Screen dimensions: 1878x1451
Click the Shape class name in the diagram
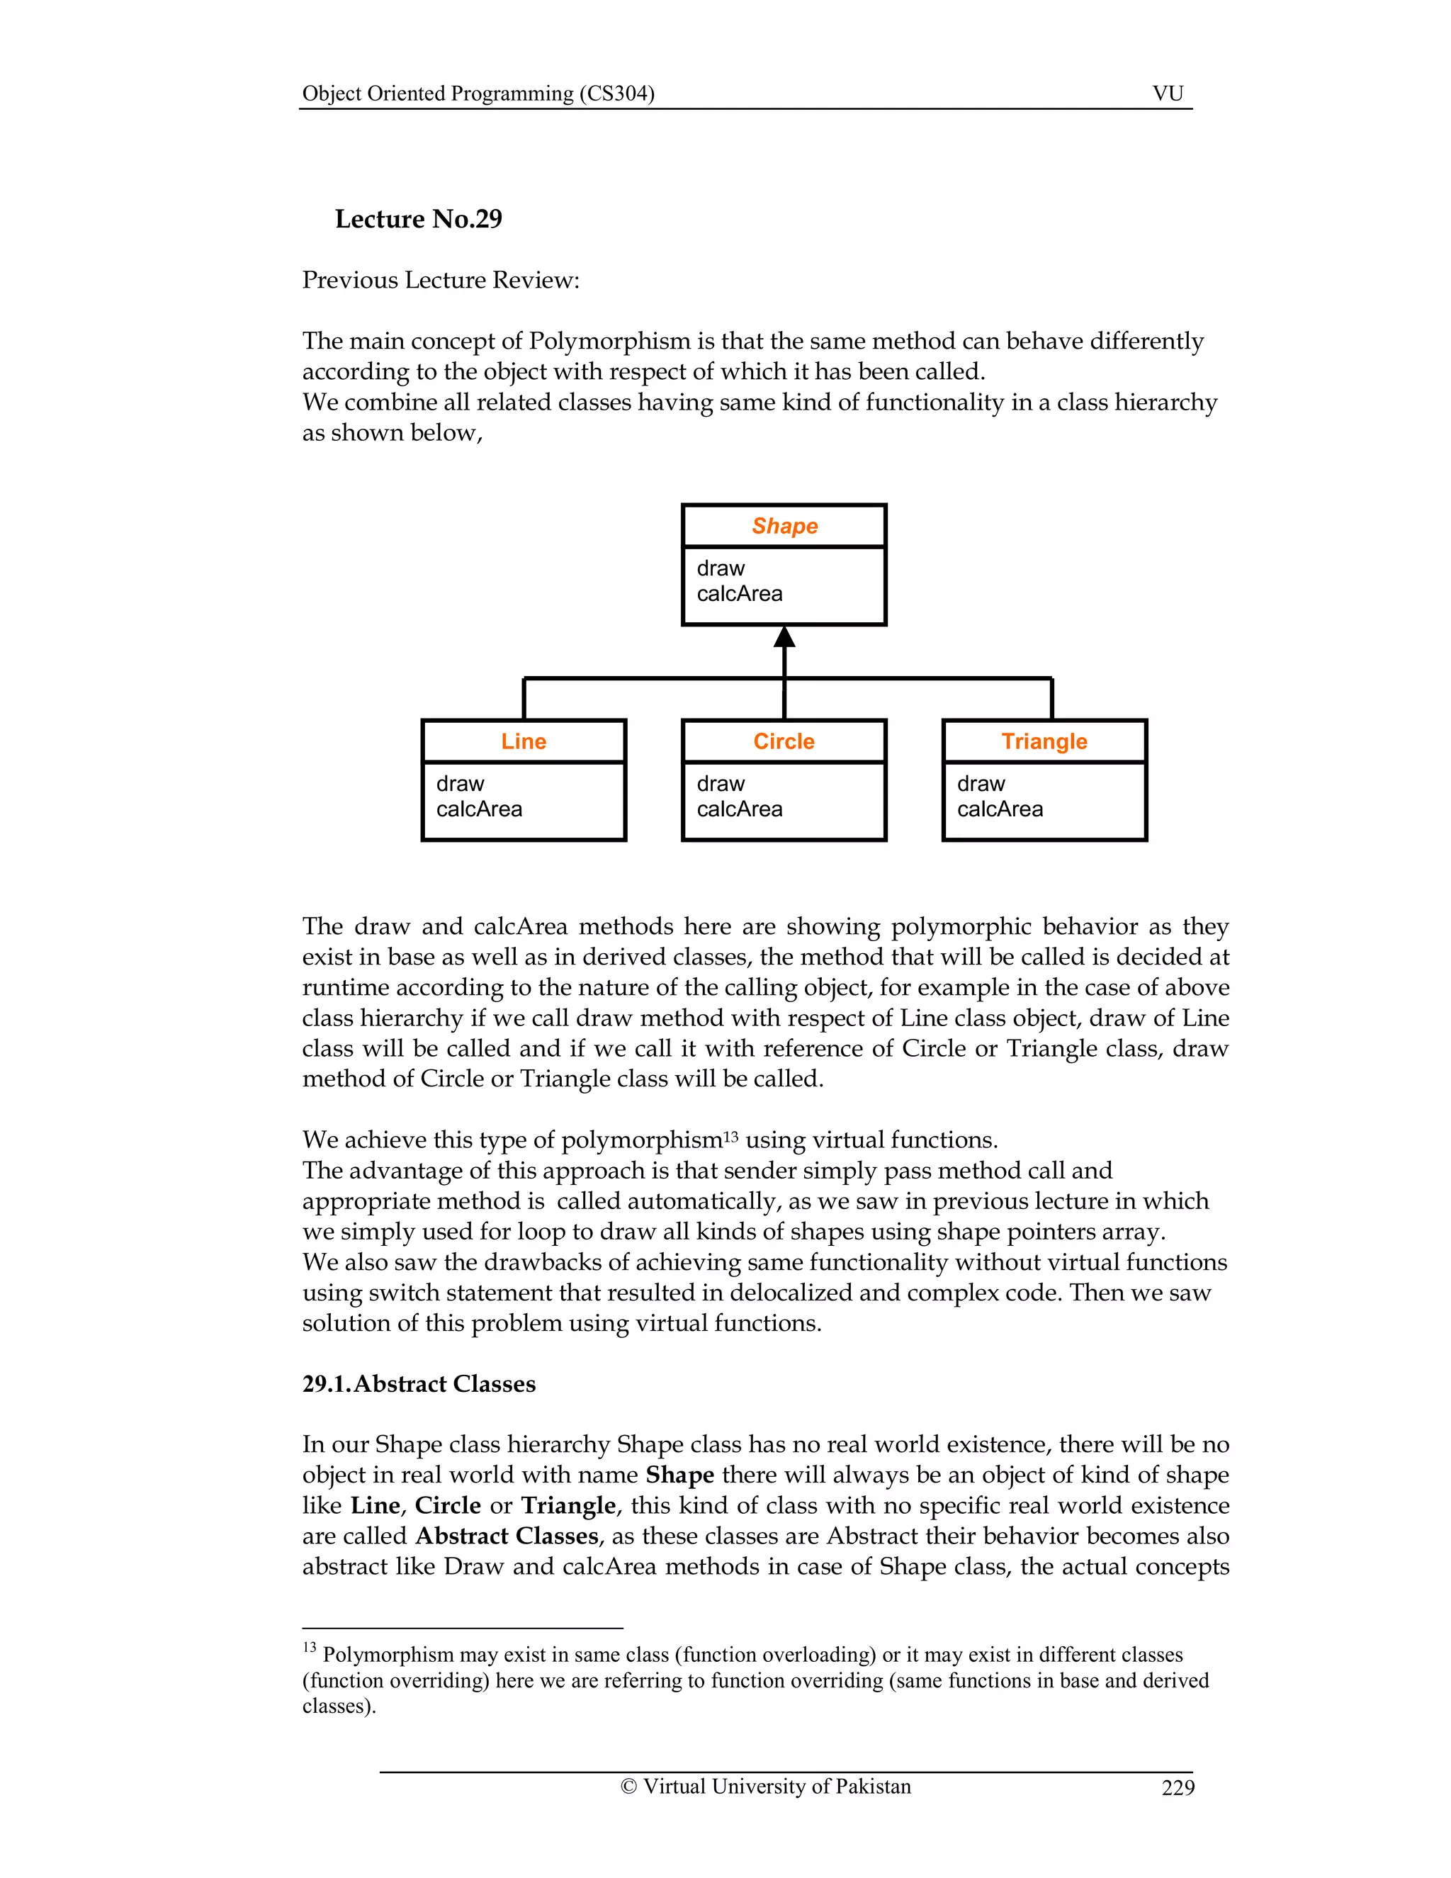[x=784, y=527]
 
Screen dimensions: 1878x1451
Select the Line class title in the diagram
[x=524, y=741]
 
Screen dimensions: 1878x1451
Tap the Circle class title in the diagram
[x=783, y=741]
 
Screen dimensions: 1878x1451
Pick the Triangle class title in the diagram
[x=1044, y=741]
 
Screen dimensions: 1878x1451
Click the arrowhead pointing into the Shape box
[x=784, y=637]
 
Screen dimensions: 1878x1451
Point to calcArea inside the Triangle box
[x=1000, y=809]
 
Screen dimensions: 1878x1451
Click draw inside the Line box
[x=460, y=783]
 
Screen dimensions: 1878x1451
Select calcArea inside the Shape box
[x=739, y=594]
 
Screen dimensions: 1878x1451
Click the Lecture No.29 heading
[x=418, y=219]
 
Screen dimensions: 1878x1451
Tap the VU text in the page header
[x=1168, y=94]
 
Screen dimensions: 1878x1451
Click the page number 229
[x=1177, y=1788]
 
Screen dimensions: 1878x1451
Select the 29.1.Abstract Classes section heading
[x=419, y=1383]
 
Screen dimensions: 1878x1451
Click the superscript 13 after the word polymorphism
[x=730, y=1136]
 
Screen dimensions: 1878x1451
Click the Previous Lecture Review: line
[x=440, y=281]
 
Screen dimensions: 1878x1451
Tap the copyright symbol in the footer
[x=628, y=1787]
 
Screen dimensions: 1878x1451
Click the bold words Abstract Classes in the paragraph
[x=507, y=1536]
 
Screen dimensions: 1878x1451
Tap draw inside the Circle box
[x=721, y=783]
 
